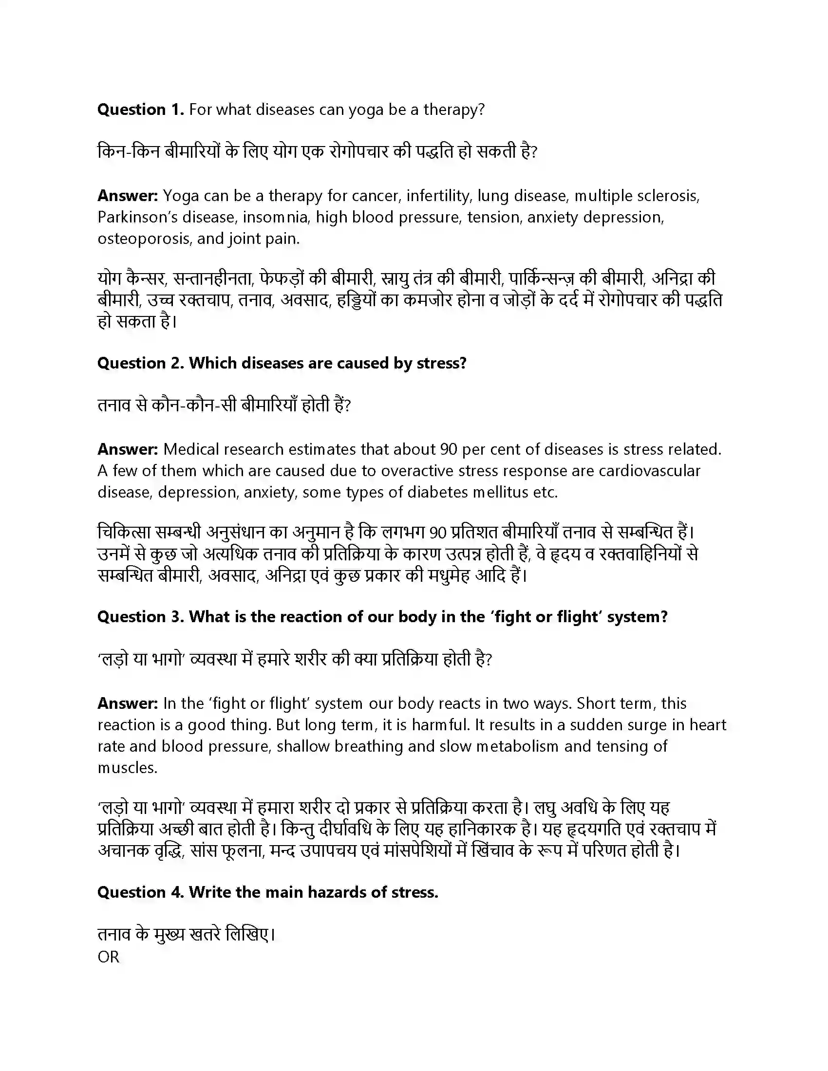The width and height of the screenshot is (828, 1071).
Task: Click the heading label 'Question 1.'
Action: (x=140, y=110)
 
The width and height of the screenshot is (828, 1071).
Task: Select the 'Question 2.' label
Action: (x=140, y=363)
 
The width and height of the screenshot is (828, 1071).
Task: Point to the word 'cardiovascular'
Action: (x=649, y=471)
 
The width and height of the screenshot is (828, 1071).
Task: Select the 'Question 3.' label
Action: (x=140, y=617)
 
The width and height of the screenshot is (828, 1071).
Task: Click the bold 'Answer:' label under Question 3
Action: (x=128, y=704)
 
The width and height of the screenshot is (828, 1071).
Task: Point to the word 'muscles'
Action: (x=127, y=768)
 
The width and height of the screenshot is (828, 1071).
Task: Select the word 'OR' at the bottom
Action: (x=109, y=957)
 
